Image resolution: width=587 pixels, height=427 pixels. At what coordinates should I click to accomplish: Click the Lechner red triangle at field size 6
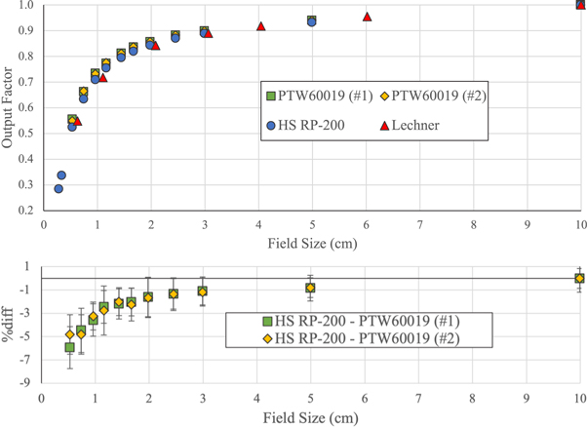tap(367, 17)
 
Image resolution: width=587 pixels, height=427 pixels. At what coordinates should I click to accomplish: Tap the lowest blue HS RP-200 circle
tap(58, 188)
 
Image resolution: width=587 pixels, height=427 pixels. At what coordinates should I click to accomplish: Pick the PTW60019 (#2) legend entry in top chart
tap(430, 96)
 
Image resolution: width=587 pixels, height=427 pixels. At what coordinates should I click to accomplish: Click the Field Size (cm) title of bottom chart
tap(311, 416)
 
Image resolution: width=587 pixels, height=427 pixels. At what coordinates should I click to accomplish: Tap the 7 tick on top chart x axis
tap(419, 224)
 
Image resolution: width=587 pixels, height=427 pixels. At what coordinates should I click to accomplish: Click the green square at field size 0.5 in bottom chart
tap(69, 347)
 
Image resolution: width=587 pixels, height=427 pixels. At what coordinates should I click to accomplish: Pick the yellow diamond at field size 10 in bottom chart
tap(580, 279)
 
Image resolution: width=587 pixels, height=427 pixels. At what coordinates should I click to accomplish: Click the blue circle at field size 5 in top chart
tap(311, 21)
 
